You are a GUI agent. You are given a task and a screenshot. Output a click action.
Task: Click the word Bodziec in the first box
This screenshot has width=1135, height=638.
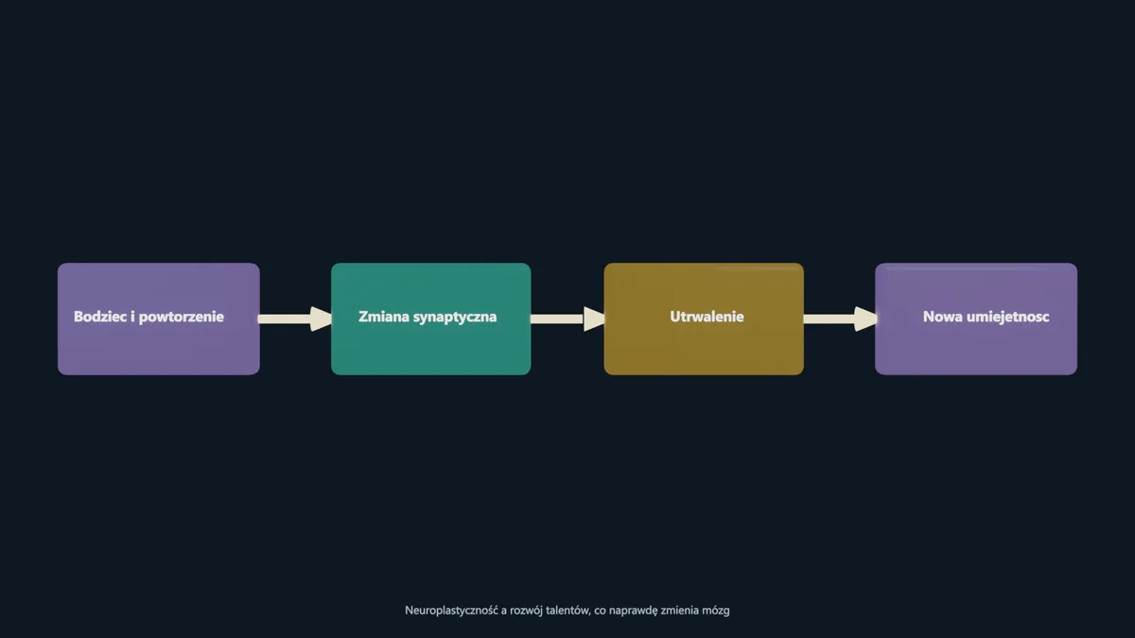[100, 317]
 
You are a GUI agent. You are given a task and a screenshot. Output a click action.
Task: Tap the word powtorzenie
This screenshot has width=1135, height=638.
[181, 318]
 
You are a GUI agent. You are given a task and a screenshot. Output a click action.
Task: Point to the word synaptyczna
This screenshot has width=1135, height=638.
[455, 318]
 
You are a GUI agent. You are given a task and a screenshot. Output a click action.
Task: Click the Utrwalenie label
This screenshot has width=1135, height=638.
[707, 317]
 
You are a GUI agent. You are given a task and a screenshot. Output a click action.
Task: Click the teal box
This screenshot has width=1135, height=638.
[431, 319]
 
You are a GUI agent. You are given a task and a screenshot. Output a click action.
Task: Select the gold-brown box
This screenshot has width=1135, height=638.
[704, 319]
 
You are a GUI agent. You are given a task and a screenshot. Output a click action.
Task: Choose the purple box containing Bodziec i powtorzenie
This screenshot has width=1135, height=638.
[159, 319]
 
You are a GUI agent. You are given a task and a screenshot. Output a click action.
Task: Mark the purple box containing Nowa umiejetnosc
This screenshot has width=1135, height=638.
[976, 319]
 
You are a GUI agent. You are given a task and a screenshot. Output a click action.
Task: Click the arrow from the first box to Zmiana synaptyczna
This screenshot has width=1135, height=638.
[295, 319]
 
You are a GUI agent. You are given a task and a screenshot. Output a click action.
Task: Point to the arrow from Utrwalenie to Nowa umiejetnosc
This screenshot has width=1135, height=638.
[841, 319]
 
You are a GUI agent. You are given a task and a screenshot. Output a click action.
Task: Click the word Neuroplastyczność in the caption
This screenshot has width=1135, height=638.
[451, 611]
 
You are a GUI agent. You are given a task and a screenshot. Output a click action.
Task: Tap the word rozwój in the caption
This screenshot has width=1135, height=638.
[526, 611]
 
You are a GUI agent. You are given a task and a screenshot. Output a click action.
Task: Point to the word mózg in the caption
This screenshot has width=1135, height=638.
[717, 612]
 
